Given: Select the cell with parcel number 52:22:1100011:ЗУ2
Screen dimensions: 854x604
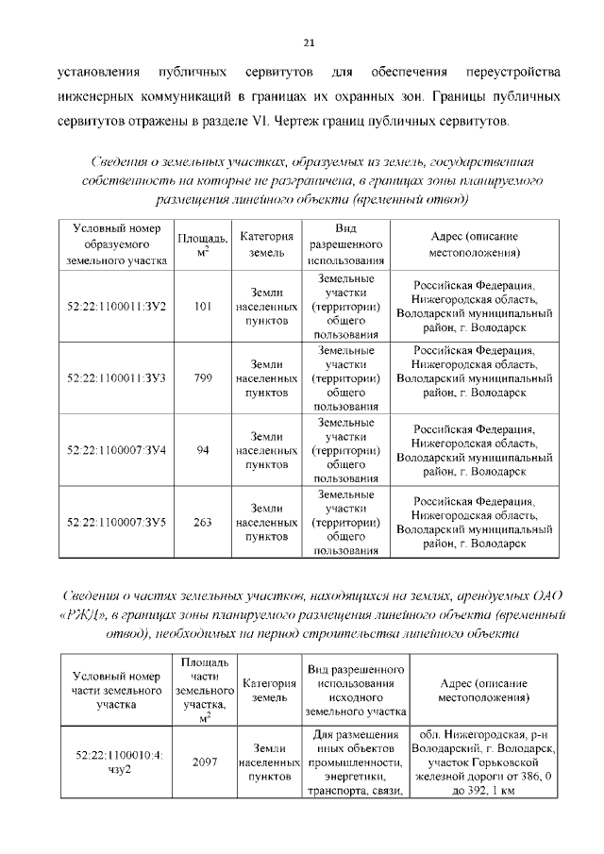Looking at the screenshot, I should tap(117, 307).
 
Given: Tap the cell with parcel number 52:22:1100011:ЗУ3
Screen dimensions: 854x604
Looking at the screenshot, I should tap(117, 377).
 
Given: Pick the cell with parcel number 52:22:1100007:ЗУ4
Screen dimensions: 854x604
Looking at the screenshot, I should tap(117, 450).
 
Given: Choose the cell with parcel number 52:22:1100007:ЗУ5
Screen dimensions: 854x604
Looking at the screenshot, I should tap(117, 522).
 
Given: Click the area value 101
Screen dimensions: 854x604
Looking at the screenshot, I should tap(202, 307).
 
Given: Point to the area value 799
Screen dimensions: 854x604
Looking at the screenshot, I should tap(202, 377).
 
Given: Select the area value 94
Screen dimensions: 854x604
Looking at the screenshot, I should tap(202, 450).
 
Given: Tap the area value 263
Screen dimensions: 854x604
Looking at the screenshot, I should tap(202, 522).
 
